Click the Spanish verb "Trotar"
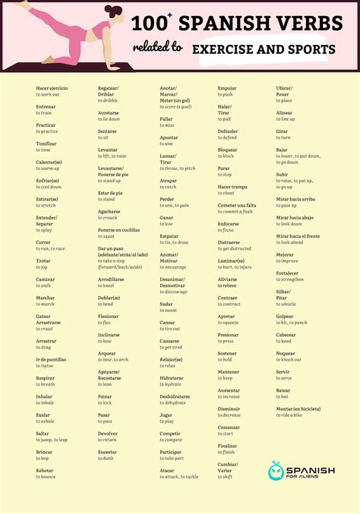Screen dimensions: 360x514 click(43, 260)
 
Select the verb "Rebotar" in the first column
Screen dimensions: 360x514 click(46, 471)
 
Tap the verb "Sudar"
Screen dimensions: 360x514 click(166, 304)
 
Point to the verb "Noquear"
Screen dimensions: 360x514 click(285, 353)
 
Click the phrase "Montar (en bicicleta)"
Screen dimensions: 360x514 click(298, 408)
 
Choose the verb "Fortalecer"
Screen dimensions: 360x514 click(287, 273)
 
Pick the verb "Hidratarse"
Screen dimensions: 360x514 click(171, 377)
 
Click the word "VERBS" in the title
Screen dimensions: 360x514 click(305, 24)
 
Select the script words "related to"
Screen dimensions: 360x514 click(159, 48)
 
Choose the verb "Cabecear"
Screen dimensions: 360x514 click(286, 335)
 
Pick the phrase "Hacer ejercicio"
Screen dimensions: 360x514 click(52, 88)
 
